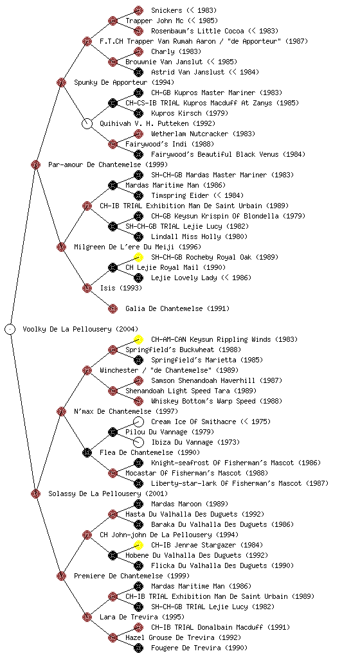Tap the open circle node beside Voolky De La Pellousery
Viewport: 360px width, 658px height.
point(10,329)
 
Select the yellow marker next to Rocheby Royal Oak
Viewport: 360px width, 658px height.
point(138,257)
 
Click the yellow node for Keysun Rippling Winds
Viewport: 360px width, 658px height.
point(138,339)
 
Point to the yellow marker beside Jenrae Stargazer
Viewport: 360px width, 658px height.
point(138,545)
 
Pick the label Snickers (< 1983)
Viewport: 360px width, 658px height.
point(184,10)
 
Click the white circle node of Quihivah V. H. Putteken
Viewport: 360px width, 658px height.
point(87,123)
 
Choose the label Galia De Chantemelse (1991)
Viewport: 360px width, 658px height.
point(177,309)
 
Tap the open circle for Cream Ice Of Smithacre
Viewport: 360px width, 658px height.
point(138,422)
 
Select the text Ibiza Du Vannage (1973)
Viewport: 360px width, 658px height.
point(195,442)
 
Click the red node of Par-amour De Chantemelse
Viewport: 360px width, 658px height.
point(35,164)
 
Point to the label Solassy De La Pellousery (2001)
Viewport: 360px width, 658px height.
point(108,493)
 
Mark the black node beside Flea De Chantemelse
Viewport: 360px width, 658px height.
point(87,452)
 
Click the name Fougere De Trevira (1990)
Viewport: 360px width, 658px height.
point(199,648)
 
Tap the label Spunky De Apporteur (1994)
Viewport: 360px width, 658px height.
point(124,82)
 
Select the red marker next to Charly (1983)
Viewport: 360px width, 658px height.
point(138,51)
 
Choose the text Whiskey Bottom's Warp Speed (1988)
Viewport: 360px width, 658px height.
point(217,401)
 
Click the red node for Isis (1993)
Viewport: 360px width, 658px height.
point(87,288)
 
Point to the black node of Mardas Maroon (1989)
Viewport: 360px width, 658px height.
point(138,504)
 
